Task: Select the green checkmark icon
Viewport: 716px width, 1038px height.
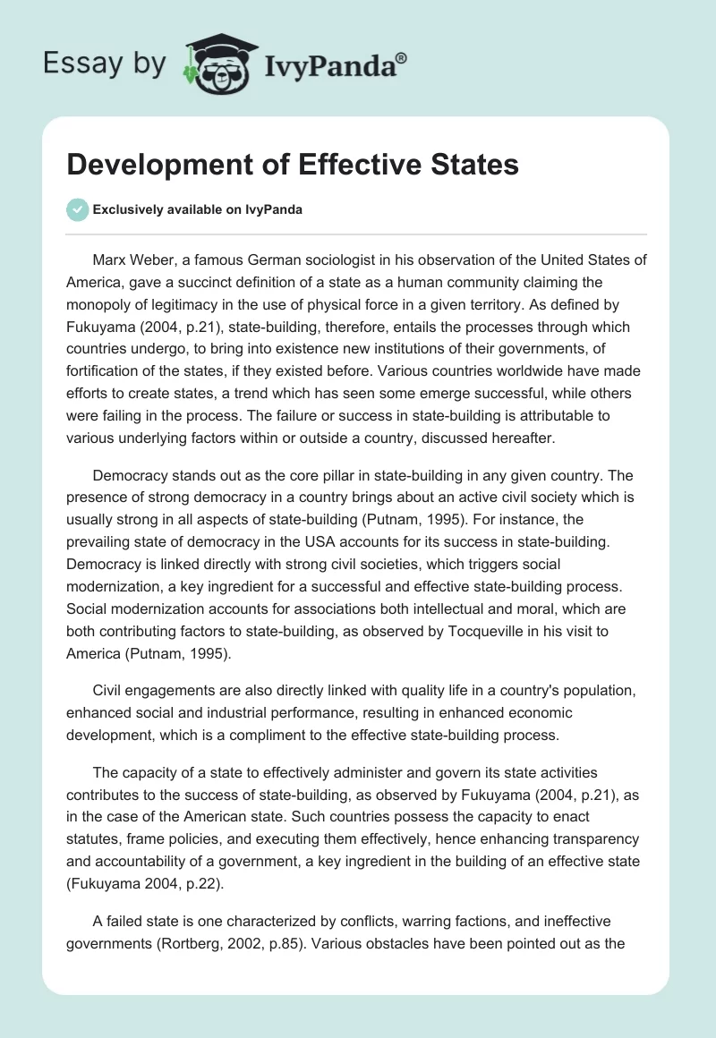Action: coord(77,209)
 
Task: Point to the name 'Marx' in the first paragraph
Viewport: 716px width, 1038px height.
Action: coord(110,259)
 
